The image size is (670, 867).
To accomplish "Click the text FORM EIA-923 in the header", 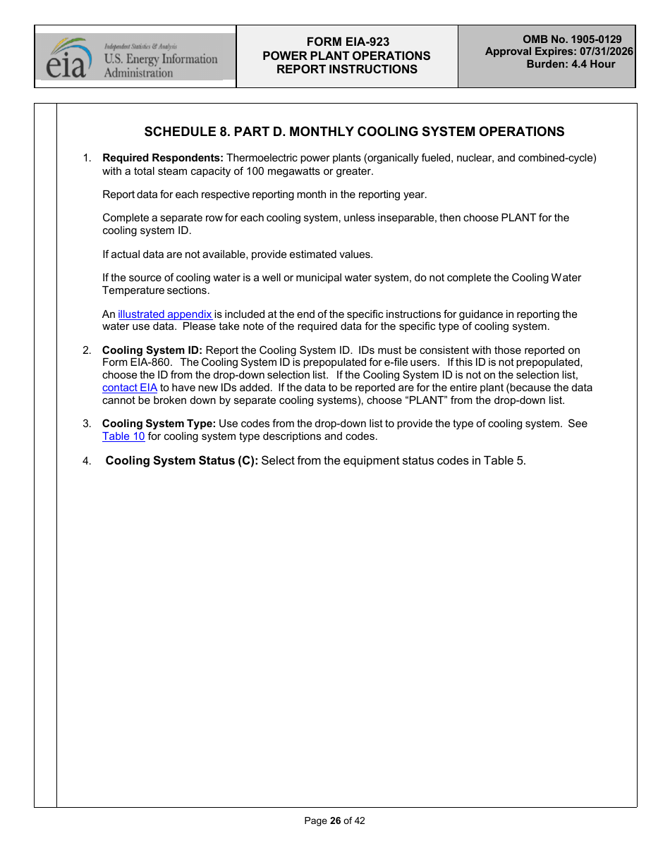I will (x=348, y=42).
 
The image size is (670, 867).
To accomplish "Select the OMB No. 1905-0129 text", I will (x=572, y=39).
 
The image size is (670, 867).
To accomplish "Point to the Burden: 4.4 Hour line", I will (x=571, y=64).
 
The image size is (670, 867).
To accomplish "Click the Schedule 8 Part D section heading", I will (x=354, y=132).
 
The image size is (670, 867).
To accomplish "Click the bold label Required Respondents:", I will (x=163, y=158).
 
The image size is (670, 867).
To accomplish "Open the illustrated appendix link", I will (x=165, y=314).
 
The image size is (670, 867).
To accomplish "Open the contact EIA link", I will (x=130, y=388).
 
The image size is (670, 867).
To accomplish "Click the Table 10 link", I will (x=123, y=436).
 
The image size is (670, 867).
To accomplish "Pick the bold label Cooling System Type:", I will (x=159, y=424).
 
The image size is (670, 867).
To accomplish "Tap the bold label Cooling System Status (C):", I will (x=182, y=461).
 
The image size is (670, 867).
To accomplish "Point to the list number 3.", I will (x=87, y=424).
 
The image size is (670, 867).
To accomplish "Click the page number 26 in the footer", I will (x=335, y=820).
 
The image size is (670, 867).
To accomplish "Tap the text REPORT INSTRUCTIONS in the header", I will (x=347, y=69).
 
